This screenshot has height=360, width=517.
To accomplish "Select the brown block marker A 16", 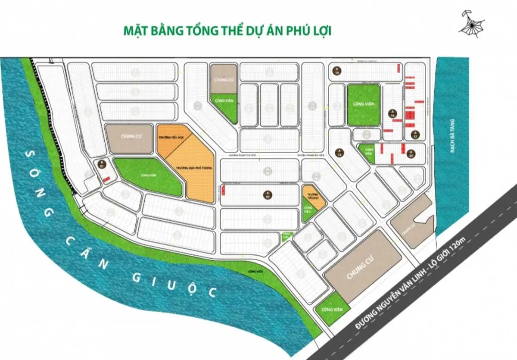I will point(392,114).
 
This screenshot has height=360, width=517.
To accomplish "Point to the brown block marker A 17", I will point(414,134).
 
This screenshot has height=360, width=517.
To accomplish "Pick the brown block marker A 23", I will point(411,153).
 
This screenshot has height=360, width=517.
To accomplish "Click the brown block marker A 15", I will point(339,152).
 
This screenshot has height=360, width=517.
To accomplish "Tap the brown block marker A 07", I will point(268,194).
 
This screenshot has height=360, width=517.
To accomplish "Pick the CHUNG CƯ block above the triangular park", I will point(224,79).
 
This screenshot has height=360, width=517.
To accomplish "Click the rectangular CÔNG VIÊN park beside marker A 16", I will point(364,105).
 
